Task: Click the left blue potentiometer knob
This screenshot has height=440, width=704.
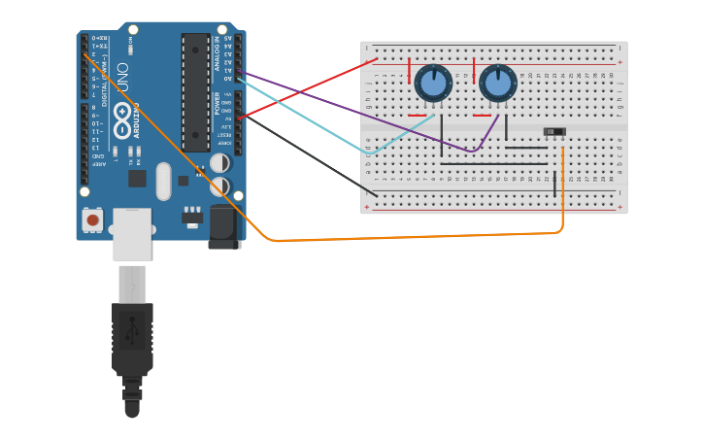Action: coord(433,84)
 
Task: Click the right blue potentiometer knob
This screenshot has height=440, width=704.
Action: coord(497,84)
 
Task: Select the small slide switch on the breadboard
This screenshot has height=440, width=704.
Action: coord(553,131)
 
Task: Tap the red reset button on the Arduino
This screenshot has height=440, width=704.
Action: coord(93,220)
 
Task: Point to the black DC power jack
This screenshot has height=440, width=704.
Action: coord(223,226)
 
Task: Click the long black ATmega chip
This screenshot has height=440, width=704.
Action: coord(195,92)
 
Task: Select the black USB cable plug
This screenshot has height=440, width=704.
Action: coord(132,340)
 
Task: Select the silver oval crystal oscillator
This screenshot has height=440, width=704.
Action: coord(163,181)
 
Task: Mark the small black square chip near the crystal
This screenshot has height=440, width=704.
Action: coord(137,178)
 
